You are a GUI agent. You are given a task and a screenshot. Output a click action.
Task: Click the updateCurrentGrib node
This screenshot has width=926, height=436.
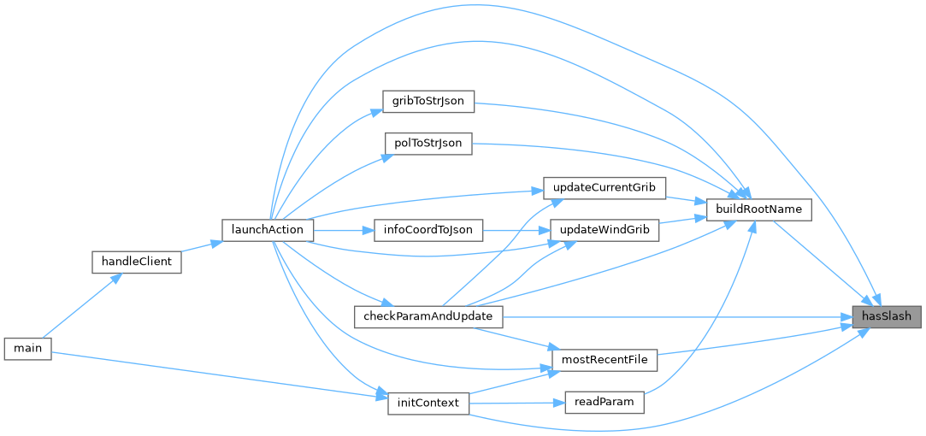click(604, 187)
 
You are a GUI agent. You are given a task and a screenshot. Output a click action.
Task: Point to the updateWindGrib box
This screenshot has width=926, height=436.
click(604, 230)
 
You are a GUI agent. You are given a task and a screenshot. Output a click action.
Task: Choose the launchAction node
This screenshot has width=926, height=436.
click(268, 230)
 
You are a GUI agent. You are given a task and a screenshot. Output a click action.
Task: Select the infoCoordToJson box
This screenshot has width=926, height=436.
click(428, 230)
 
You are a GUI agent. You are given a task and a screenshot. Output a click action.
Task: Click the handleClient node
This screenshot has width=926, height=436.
click(136, 262)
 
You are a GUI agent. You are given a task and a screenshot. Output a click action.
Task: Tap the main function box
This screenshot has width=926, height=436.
click(27, 348)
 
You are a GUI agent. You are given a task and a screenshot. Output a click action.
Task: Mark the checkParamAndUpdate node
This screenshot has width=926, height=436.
click(428, 316)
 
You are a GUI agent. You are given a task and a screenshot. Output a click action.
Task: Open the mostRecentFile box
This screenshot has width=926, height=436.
click(604, 360)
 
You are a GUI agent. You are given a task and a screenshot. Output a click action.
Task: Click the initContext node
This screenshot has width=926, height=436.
click(428, 403)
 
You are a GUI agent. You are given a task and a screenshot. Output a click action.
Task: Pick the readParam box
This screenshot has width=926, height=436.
click(604, 403)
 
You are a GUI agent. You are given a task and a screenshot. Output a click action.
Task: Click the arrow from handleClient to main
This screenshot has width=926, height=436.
click(82, 304)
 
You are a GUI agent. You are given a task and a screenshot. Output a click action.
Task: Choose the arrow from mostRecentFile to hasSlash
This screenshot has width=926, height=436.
click(752, 339)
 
